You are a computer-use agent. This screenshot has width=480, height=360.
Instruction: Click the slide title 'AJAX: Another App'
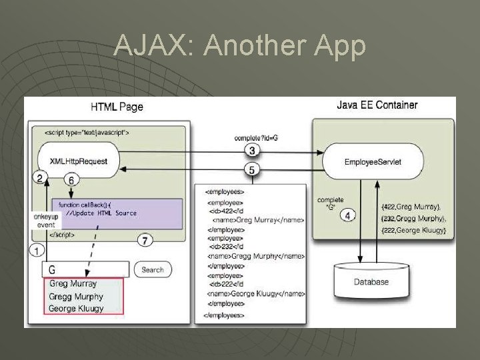[240, 47]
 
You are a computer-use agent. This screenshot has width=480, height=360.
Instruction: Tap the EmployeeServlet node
[373, 161]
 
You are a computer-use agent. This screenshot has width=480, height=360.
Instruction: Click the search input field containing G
[85, 269]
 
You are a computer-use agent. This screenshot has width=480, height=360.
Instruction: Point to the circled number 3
[252, 149]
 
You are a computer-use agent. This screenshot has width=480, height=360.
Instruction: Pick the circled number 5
[252, 170]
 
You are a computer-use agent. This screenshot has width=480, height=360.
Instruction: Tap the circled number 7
[145, 239]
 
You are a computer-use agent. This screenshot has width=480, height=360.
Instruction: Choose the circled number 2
[40, 177]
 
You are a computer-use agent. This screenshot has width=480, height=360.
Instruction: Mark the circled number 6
[71, 179]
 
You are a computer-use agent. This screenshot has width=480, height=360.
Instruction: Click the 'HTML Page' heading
[117, 107]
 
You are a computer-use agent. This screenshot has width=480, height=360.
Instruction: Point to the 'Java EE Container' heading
[377, 105]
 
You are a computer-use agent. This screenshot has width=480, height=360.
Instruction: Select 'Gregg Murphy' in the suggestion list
[77, 296]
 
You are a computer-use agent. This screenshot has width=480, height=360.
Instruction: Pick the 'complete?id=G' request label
[256, 137]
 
